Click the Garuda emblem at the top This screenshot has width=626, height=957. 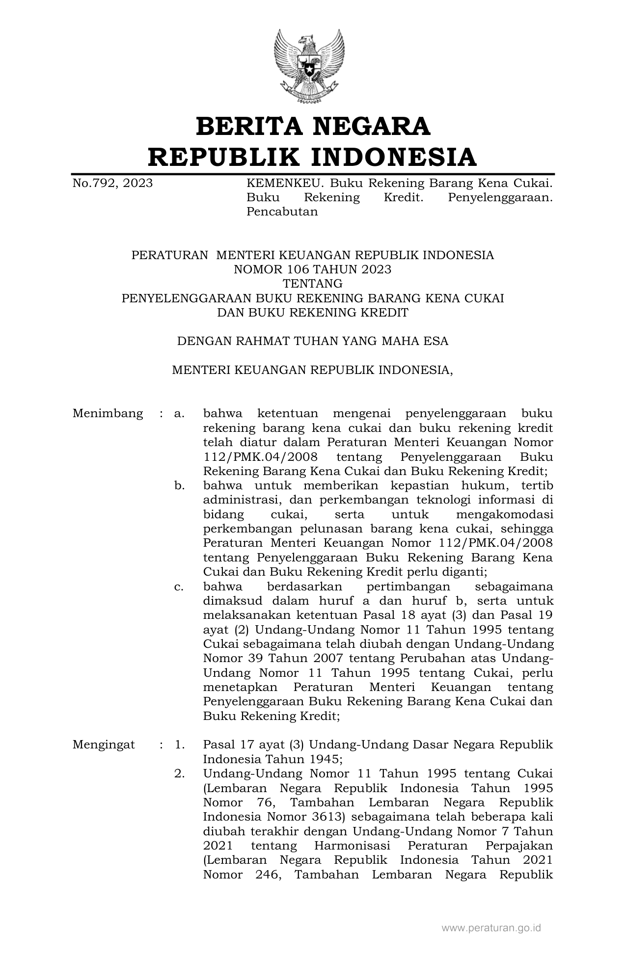[x=313, y=66]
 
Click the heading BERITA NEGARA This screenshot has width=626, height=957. [x=313, y=126]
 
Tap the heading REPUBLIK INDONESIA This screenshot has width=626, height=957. [x=313, y=157]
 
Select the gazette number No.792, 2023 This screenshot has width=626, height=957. [x=112, y=184]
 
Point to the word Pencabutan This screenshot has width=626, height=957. [x=282, y=212]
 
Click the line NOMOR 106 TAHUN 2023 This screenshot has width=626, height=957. [x=313, y=269]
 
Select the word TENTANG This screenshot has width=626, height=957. [x=313, y=284]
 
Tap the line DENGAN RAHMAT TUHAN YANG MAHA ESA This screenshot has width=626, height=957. [x=313, y=341]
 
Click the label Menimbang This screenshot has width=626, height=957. [x=108, y=413]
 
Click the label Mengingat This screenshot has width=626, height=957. [x=104, y=745]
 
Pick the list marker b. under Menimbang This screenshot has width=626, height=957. [x=179, y=486]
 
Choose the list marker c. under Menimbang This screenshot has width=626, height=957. [x=179, y=587]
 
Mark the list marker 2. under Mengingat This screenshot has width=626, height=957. [x=179, y=774]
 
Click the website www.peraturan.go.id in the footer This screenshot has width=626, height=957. [x=491, y=928]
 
